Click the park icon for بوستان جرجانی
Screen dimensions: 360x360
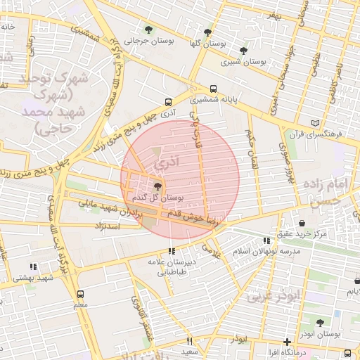[x=148, y=29]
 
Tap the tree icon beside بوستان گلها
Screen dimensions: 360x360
[x=207, y=32]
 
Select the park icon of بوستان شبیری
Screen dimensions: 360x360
[x=243, y=51]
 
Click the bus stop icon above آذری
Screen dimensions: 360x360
[x=167, y=101]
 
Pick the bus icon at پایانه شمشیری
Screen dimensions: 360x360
[x=214, y=89]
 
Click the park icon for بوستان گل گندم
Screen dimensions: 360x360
[x=157, y=188]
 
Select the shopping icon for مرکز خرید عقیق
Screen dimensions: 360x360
[x=302, y=223]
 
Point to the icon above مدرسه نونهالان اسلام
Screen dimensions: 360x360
[x=265, y=240]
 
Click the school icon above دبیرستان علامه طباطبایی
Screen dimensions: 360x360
[x=171, y=251]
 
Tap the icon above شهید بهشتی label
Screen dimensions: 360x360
[x=32, y=266]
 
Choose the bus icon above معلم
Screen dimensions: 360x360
[x=80, y=294]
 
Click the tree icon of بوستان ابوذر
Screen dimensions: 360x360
[x=320, y=323]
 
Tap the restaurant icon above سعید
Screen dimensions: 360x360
[x=189, y=341]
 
